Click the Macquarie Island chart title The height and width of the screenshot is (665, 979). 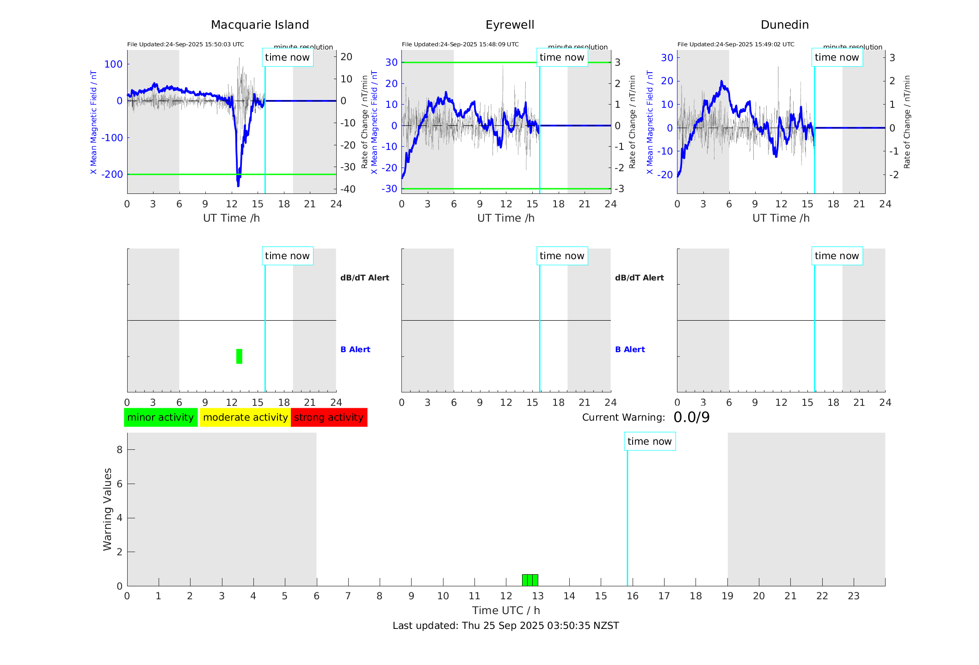(259, 25)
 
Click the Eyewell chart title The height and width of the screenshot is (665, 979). (510, 25)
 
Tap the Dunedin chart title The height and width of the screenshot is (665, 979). (784, 25)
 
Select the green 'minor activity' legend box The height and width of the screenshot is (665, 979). (160, 417)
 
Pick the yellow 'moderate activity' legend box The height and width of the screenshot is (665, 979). (245, 417)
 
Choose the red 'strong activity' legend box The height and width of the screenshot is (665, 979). (329, 417)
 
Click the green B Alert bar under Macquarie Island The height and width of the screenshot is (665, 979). (239, 356)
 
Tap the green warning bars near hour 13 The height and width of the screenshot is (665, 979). (530, 580)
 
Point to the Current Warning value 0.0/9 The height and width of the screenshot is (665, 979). (691, 417)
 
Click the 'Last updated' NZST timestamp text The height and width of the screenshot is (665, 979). (505, 626)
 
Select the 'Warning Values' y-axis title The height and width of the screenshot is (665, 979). (107, 509)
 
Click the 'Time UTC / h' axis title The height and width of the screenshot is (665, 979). (505, 610)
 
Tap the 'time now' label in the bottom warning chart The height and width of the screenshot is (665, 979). (649, 441)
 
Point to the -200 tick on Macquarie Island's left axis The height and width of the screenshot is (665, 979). (113, 174)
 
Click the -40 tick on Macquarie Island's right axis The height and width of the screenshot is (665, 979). (348, 189)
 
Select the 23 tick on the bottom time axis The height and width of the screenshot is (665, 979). (853, 596)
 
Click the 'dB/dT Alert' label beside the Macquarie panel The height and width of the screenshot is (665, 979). (364, 278)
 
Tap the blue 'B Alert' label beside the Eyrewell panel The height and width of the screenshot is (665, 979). (629, 349)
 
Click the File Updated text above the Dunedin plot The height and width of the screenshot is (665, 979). (735, 44)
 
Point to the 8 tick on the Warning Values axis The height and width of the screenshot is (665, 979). (119, 449)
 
